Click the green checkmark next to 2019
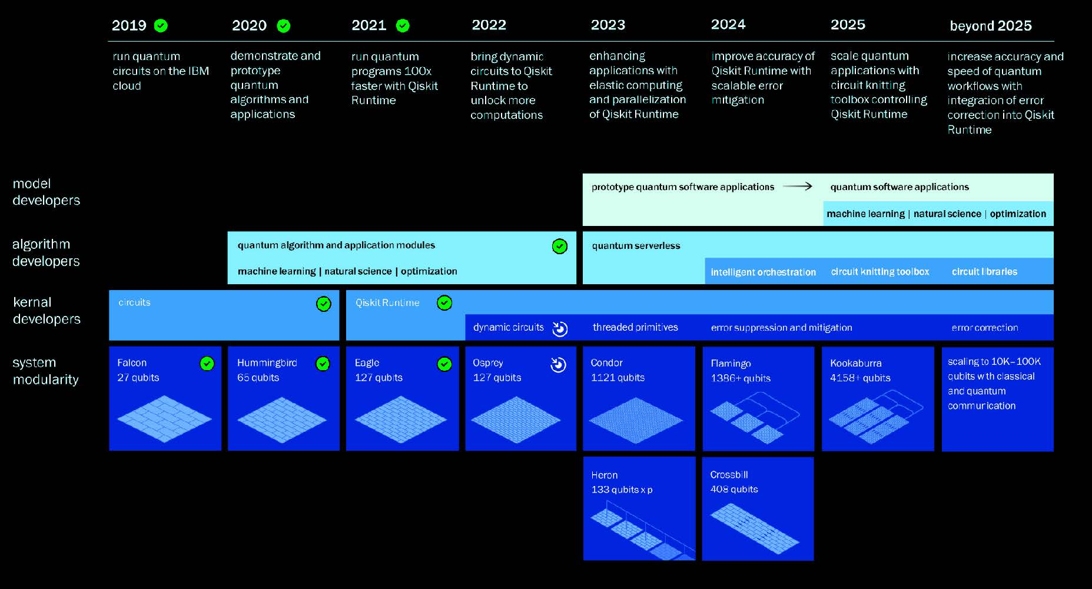tap(161, 25)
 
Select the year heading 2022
tap(489, 25)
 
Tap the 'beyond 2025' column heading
tap(991, 26)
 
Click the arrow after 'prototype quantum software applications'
tap(798, 187)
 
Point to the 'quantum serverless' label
tap(636, 245)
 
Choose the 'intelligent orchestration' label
tap(763, 272)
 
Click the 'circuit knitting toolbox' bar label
tap(880, 271)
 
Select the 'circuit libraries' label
tap(984, 271)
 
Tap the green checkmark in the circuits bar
tap(324, 304)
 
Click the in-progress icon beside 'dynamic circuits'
tap(560, 328)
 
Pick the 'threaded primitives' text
tap(635, 327)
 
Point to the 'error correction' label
tap(985, 328)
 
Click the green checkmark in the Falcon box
tap(207, 364)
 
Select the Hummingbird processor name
tap(267, 363)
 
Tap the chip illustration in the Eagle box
tap(401, 419)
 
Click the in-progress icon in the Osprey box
tap(558, 365)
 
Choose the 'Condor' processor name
tap(606, 362)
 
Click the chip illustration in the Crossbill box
tap(755, 528)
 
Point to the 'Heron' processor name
tap(604, 475)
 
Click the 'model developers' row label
tap(46, 192)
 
